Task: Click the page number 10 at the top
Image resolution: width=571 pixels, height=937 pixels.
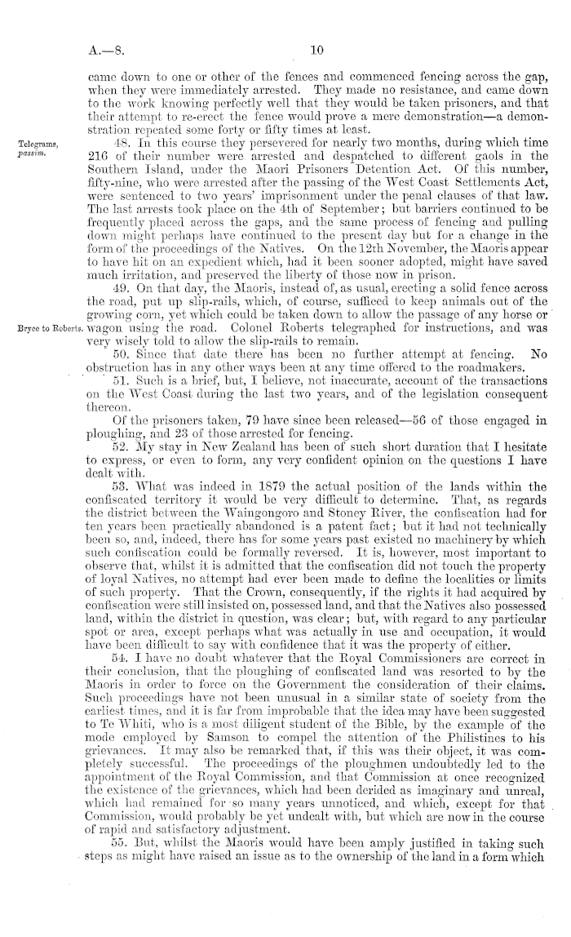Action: pos(318,49)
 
